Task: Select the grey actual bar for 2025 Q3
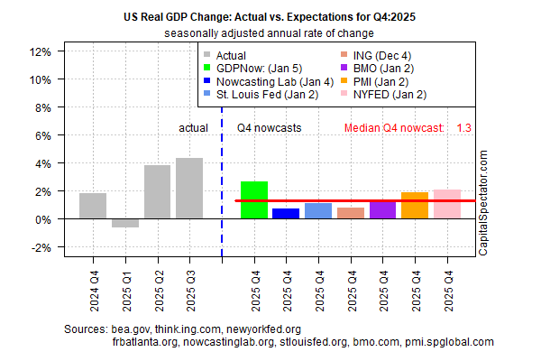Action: (x=189, y=189)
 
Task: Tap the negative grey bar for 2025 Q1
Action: (x=125, y=223)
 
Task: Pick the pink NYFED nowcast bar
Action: (x=447, y=204)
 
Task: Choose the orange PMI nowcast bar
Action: (x=415, y=206)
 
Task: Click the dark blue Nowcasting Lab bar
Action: (x=286, y=214)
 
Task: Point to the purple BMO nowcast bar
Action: (x=382, y=210)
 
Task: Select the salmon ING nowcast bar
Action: (x=351, y=213)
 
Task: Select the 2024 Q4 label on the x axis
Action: (x=94, y=282)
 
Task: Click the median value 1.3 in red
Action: (x=463, y=128)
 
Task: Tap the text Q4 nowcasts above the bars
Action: (x=270, y=128)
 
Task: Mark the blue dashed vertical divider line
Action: (x=222, y=180)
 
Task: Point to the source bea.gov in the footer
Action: (x=133, y=329)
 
